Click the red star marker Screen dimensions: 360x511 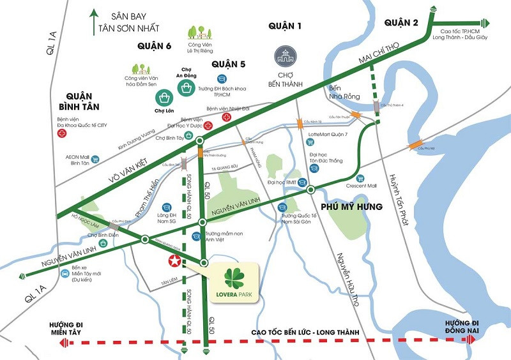click(172, 261)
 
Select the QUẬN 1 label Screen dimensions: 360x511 click(284, 26)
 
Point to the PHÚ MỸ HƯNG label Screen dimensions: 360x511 click(352, 207)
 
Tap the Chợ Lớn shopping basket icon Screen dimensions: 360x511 click(165, 98)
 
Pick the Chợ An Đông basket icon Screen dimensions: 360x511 click(187, 87)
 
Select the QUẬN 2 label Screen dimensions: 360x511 click(401, 24)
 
